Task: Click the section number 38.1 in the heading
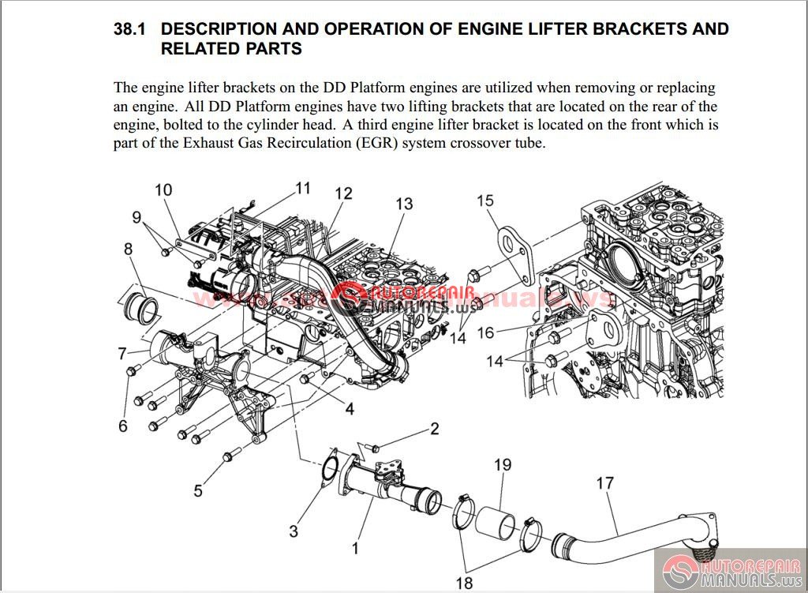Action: point(131,30)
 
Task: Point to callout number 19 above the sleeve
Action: point(503,466)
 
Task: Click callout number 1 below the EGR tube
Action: point(355,546)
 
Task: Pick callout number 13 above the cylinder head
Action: point(403,204)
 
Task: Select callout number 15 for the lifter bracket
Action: point(484,201)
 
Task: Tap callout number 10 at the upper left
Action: point(163,190)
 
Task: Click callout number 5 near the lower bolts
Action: point(197,490)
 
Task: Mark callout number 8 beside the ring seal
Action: point(128,250)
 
